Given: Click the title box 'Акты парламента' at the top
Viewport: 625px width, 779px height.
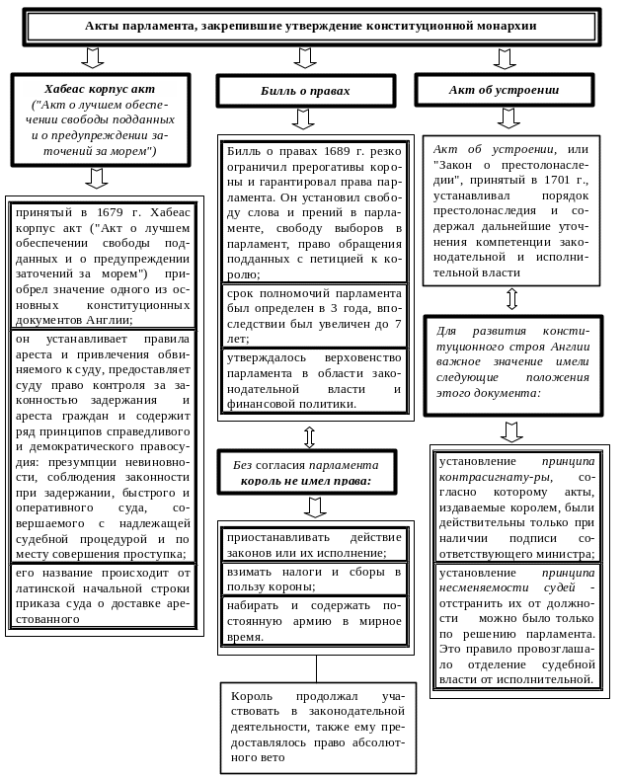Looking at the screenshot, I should (x=311, y=27).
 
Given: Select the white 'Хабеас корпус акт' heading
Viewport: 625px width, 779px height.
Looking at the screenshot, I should (x=100, y=89).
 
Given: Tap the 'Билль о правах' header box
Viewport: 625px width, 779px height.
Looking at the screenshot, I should (x=306, y=91).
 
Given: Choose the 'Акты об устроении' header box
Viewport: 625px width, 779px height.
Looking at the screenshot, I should (x=504, y=90).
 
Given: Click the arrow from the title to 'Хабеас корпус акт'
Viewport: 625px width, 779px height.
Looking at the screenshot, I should (x=93, y=58).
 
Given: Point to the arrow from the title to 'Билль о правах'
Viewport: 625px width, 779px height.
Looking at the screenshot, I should (x=305, y=58).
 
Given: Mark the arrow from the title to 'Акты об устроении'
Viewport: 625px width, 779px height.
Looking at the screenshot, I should (x=505, y=58).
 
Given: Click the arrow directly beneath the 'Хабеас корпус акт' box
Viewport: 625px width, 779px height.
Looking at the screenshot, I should (x=96, y=178).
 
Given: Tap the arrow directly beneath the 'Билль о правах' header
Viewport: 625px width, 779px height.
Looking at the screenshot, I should (x=303, y=119).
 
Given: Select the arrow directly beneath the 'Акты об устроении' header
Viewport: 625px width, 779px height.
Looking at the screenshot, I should (x=508, y=118).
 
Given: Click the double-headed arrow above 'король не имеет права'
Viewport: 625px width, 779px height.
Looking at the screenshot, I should (x=309, y=436).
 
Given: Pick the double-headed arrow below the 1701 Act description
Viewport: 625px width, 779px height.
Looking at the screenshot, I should (x=511, y=299).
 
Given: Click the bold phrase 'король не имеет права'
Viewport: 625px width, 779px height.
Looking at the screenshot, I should (x=306, y=481).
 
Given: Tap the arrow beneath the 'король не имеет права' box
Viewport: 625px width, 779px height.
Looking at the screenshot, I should (x=315, y=507).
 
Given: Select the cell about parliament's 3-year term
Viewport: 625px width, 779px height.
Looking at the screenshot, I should (x=315, y=316).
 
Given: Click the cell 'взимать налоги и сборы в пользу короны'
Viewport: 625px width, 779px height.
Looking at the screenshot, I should (x=315, y=579).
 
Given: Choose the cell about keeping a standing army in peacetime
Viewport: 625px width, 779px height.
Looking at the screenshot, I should (x=315, y=620).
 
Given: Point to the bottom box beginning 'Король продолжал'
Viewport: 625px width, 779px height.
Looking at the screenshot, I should (x=318, y=728).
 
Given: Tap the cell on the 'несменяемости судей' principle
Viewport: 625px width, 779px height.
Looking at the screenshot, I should (x=515, y=625).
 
